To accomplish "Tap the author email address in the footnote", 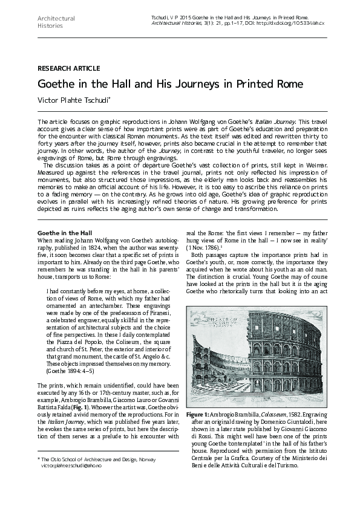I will [x=68, y=467].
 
